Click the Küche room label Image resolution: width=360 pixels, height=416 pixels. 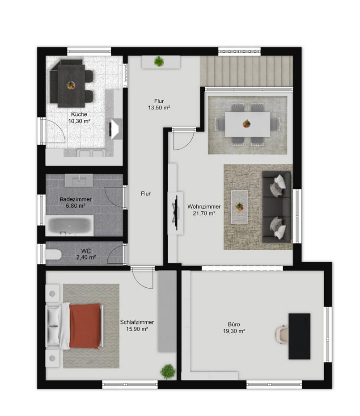coord(79,114)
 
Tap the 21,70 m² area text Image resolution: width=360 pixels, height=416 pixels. coord(204,213)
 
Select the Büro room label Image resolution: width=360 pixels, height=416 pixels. coord(234,324)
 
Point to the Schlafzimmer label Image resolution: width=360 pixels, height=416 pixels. coord(137,322)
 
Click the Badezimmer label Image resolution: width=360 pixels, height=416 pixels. coord(76,199)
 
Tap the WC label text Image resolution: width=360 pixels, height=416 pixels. coord(86,251)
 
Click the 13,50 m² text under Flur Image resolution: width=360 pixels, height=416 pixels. coord(159,108)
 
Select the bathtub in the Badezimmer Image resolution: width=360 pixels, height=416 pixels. coord(69,226)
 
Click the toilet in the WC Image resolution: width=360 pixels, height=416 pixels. coord(53,254)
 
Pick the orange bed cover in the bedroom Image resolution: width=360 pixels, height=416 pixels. coord(85,326)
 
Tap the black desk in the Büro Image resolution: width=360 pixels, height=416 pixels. coord(300,336)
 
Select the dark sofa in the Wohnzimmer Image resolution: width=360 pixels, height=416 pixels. coord(277,207)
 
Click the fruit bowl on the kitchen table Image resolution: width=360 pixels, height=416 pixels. coord(71,85)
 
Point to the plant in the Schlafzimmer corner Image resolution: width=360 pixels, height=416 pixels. coord(168,371)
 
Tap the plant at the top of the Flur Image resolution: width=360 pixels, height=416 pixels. coord(159,61)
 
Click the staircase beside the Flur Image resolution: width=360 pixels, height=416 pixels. coord(246,71)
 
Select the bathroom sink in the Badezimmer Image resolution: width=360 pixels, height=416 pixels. coord(79,181)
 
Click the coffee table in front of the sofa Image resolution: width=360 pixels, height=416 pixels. coord(239,207)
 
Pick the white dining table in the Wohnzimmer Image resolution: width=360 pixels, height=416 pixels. coord(247,124)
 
